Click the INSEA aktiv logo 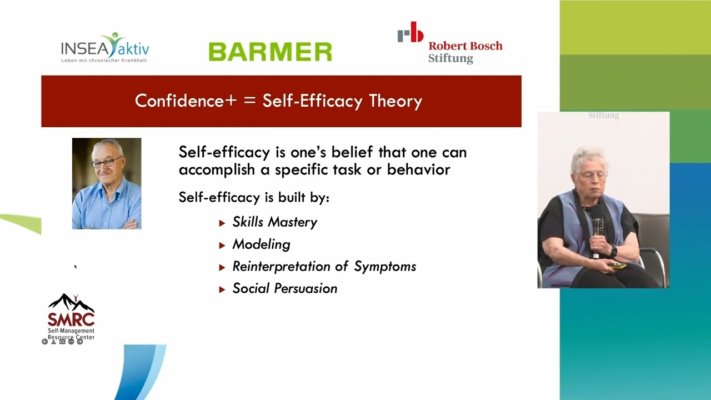pos(105,48)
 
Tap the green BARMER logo pos(271,52)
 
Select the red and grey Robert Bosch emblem pos(410,32)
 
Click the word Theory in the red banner pos(395,101)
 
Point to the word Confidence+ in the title pos(186,101)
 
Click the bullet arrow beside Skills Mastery pos(222,223)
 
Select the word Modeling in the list pos(261,244)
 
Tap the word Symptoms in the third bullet pos(385,267)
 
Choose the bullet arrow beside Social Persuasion pos(222,289)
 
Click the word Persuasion pos(306,288)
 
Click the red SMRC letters pos(71,319)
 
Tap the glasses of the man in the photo pos(107,162)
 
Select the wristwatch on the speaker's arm pos(614,252)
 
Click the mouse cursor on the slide pos(76,267)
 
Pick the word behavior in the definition pos(418,169)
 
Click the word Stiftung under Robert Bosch pos(450,58)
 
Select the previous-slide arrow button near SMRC pos(45,342)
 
